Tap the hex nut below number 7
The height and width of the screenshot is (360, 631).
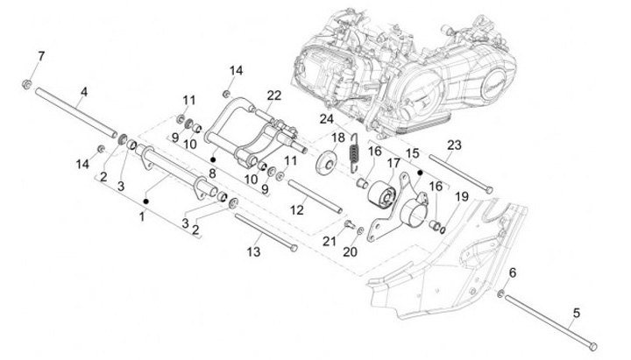pos(28,85)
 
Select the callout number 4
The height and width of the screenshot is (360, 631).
pos(84,92)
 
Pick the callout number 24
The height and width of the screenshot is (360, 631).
pos(327,118)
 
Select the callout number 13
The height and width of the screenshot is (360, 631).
pos(254,251)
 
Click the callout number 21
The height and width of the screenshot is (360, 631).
pos(330,241)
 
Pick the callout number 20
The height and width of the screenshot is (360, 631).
pos(351,252)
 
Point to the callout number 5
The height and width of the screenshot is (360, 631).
pos(577,312)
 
